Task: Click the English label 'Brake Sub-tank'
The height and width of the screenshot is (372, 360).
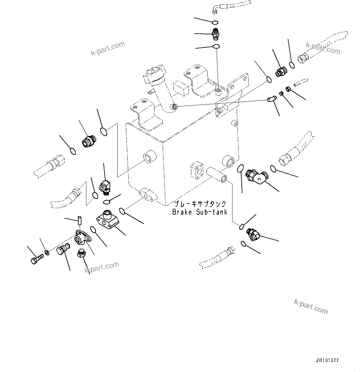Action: (200, 212)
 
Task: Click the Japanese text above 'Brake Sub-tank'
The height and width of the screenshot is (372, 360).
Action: (200, 204)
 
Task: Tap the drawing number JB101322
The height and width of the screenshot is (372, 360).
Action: (327, 361)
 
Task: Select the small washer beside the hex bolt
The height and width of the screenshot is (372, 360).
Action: (47, 253)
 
